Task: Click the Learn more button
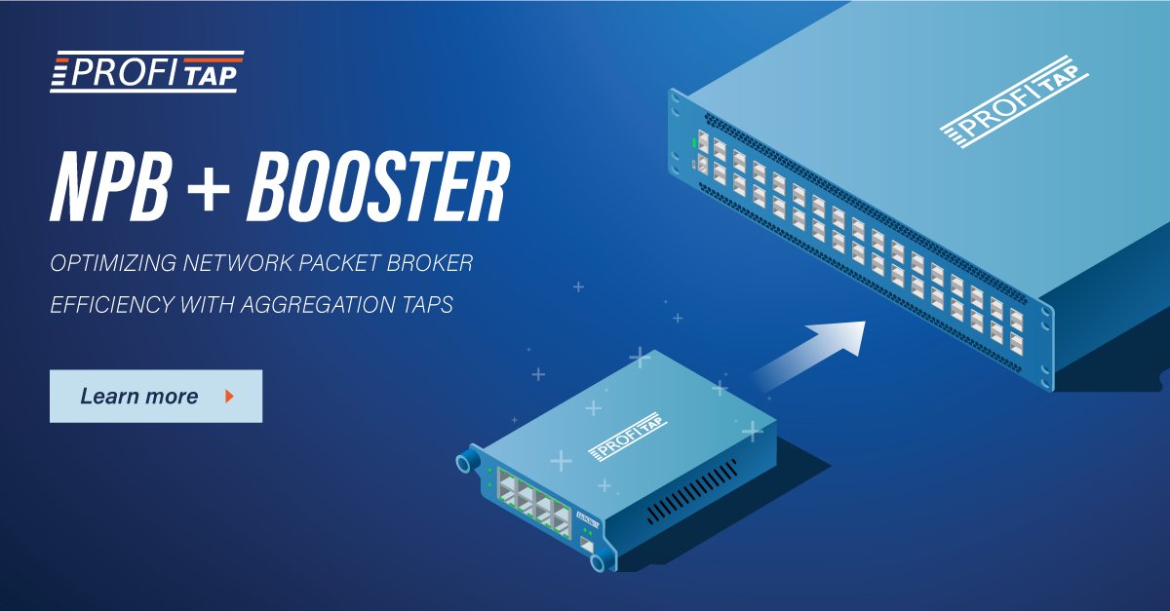point(155,397)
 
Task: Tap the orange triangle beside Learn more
point(229,397)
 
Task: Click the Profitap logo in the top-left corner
point(146,74)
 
